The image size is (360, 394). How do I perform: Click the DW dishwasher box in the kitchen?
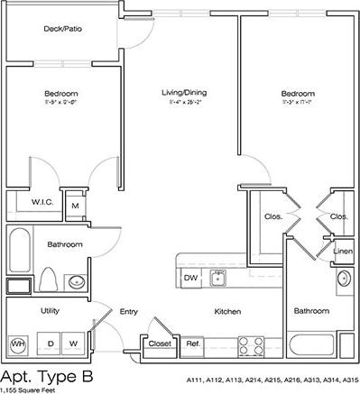click(190, 278)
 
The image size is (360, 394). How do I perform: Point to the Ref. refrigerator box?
click(192, 344)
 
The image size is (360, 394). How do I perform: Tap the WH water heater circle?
click(18, 344)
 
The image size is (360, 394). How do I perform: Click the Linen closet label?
click(343, 251)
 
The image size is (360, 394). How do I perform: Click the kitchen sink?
click(217, 278)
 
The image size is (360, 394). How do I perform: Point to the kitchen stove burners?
click(250, 343)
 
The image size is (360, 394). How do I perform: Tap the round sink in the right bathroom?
click(343, 279)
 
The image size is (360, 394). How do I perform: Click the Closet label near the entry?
click(160, 344)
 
